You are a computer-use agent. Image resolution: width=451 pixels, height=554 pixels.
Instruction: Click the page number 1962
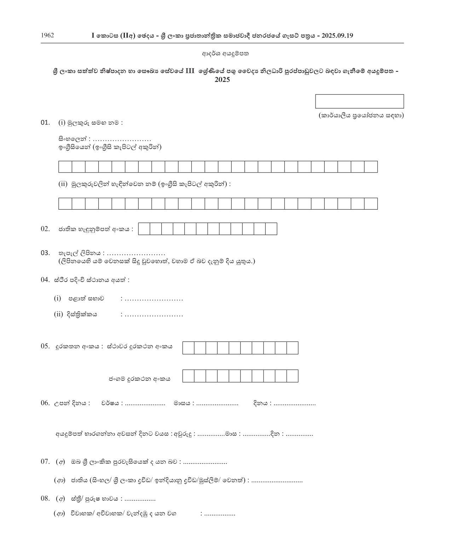point(47,35)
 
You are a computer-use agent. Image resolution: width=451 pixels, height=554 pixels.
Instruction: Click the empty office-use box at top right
point(359,101)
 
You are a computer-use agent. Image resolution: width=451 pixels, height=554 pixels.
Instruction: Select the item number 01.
point(45,123)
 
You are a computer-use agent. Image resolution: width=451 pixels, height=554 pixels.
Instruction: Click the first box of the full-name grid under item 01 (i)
point(65,167)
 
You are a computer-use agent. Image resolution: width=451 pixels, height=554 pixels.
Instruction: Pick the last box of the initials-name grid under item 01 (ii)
point(371,204)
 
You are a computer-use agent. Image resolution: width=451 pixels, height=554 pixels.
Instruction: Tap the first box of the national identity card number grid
point(144,229)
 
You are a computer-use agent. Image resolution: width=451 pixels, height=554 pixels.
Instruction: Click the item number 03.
point(45,253)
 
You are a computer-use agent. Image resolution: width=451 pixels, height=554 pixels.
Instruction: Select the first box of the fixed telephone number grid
point(188,348)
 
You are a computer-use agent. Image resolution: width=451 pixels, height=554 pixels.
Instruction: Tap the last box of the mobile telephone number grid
point(292,376)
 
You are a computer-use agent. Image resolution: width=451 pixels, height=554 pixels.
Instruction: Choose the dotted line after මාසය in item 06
point(217,403)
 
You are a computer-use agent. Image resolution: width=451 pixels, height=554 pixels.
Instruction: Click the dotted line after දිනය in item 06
point(295,403)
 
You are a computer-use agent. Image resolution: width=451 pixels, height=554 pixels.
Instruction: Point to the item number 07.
point(45,461)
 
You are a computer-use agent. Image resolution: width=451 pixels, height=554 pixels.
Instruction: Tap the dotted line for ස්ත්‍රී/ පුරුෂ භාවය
point(140,499)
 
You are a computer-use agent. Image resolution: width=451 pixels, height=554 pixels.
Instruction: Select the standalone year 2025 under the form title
point(222,80)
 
